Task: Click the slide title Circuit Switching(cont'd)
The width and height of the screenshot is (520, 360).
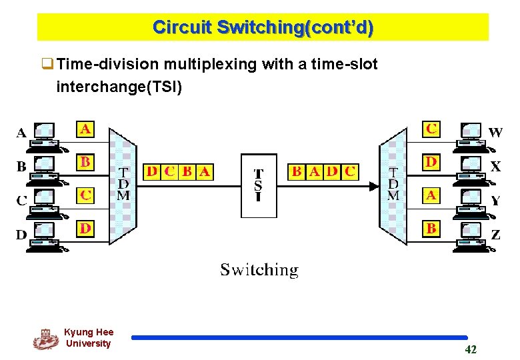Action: click(263, 27)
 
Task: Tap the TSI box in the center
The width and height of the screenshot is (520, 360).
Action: click(259, 185)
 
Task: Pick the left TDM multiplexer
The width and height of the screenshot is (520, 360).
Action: click(123, 185)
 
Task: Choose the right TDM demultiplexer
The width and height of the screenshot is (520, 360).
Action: click(393, 185)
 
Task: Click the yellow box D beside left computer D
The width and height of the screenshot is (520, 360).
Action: click(85, 229)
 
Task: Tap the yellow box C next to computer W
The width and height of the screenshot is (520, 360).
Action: click(431, 129)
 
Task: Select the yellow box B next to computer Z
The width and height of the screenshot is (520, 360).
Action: click(431, 229)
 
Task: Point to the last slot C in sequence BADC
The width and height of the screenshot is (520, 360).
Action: click(350, 172)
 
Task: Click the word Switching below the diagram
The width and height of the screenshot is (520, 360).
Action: click(259, 270)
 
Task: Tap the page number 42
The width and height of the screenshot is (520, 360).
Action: click(470, 349)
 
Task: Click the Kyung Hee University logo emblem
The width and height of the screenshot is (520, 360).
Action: click(45, 339)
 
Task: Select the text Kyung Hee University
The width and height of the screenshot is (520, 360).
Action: click(89, 338)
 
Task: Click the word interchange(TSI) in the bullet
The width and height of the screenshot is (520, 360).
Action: click(119, 87)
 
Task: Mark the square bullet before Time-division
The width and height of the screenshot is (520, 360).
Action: click(48, 65)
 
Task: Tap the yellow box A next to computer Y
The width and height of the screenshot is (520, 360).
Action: click(431, 195)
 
